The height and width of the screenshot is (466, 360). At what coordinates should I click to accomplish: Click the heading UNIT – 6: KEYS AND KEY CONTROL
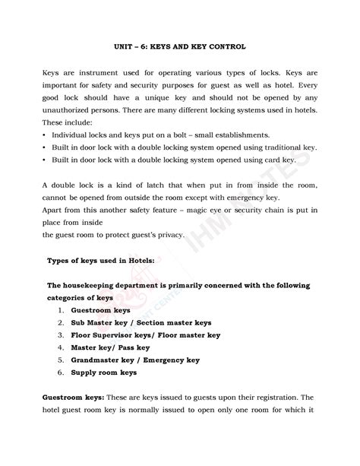(x=179, y=47)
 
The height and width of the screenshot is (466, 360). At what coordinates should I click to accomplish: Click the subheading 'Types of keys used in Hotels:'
(x=101, y=260)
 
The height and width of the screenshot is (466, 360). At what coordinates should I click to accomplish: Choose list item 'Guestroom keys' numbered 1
(x=100, y=310)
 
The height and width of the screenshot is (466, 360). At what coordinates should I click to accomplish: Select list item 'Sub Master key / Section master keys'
(x=141, y=322)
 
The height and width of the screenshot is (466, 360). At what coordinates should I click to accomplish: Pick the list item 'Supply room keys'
(x=103, y=372)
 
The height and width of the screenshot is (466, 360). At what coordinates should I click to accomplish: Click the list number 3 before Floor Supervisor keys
(x=59, y=335)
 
